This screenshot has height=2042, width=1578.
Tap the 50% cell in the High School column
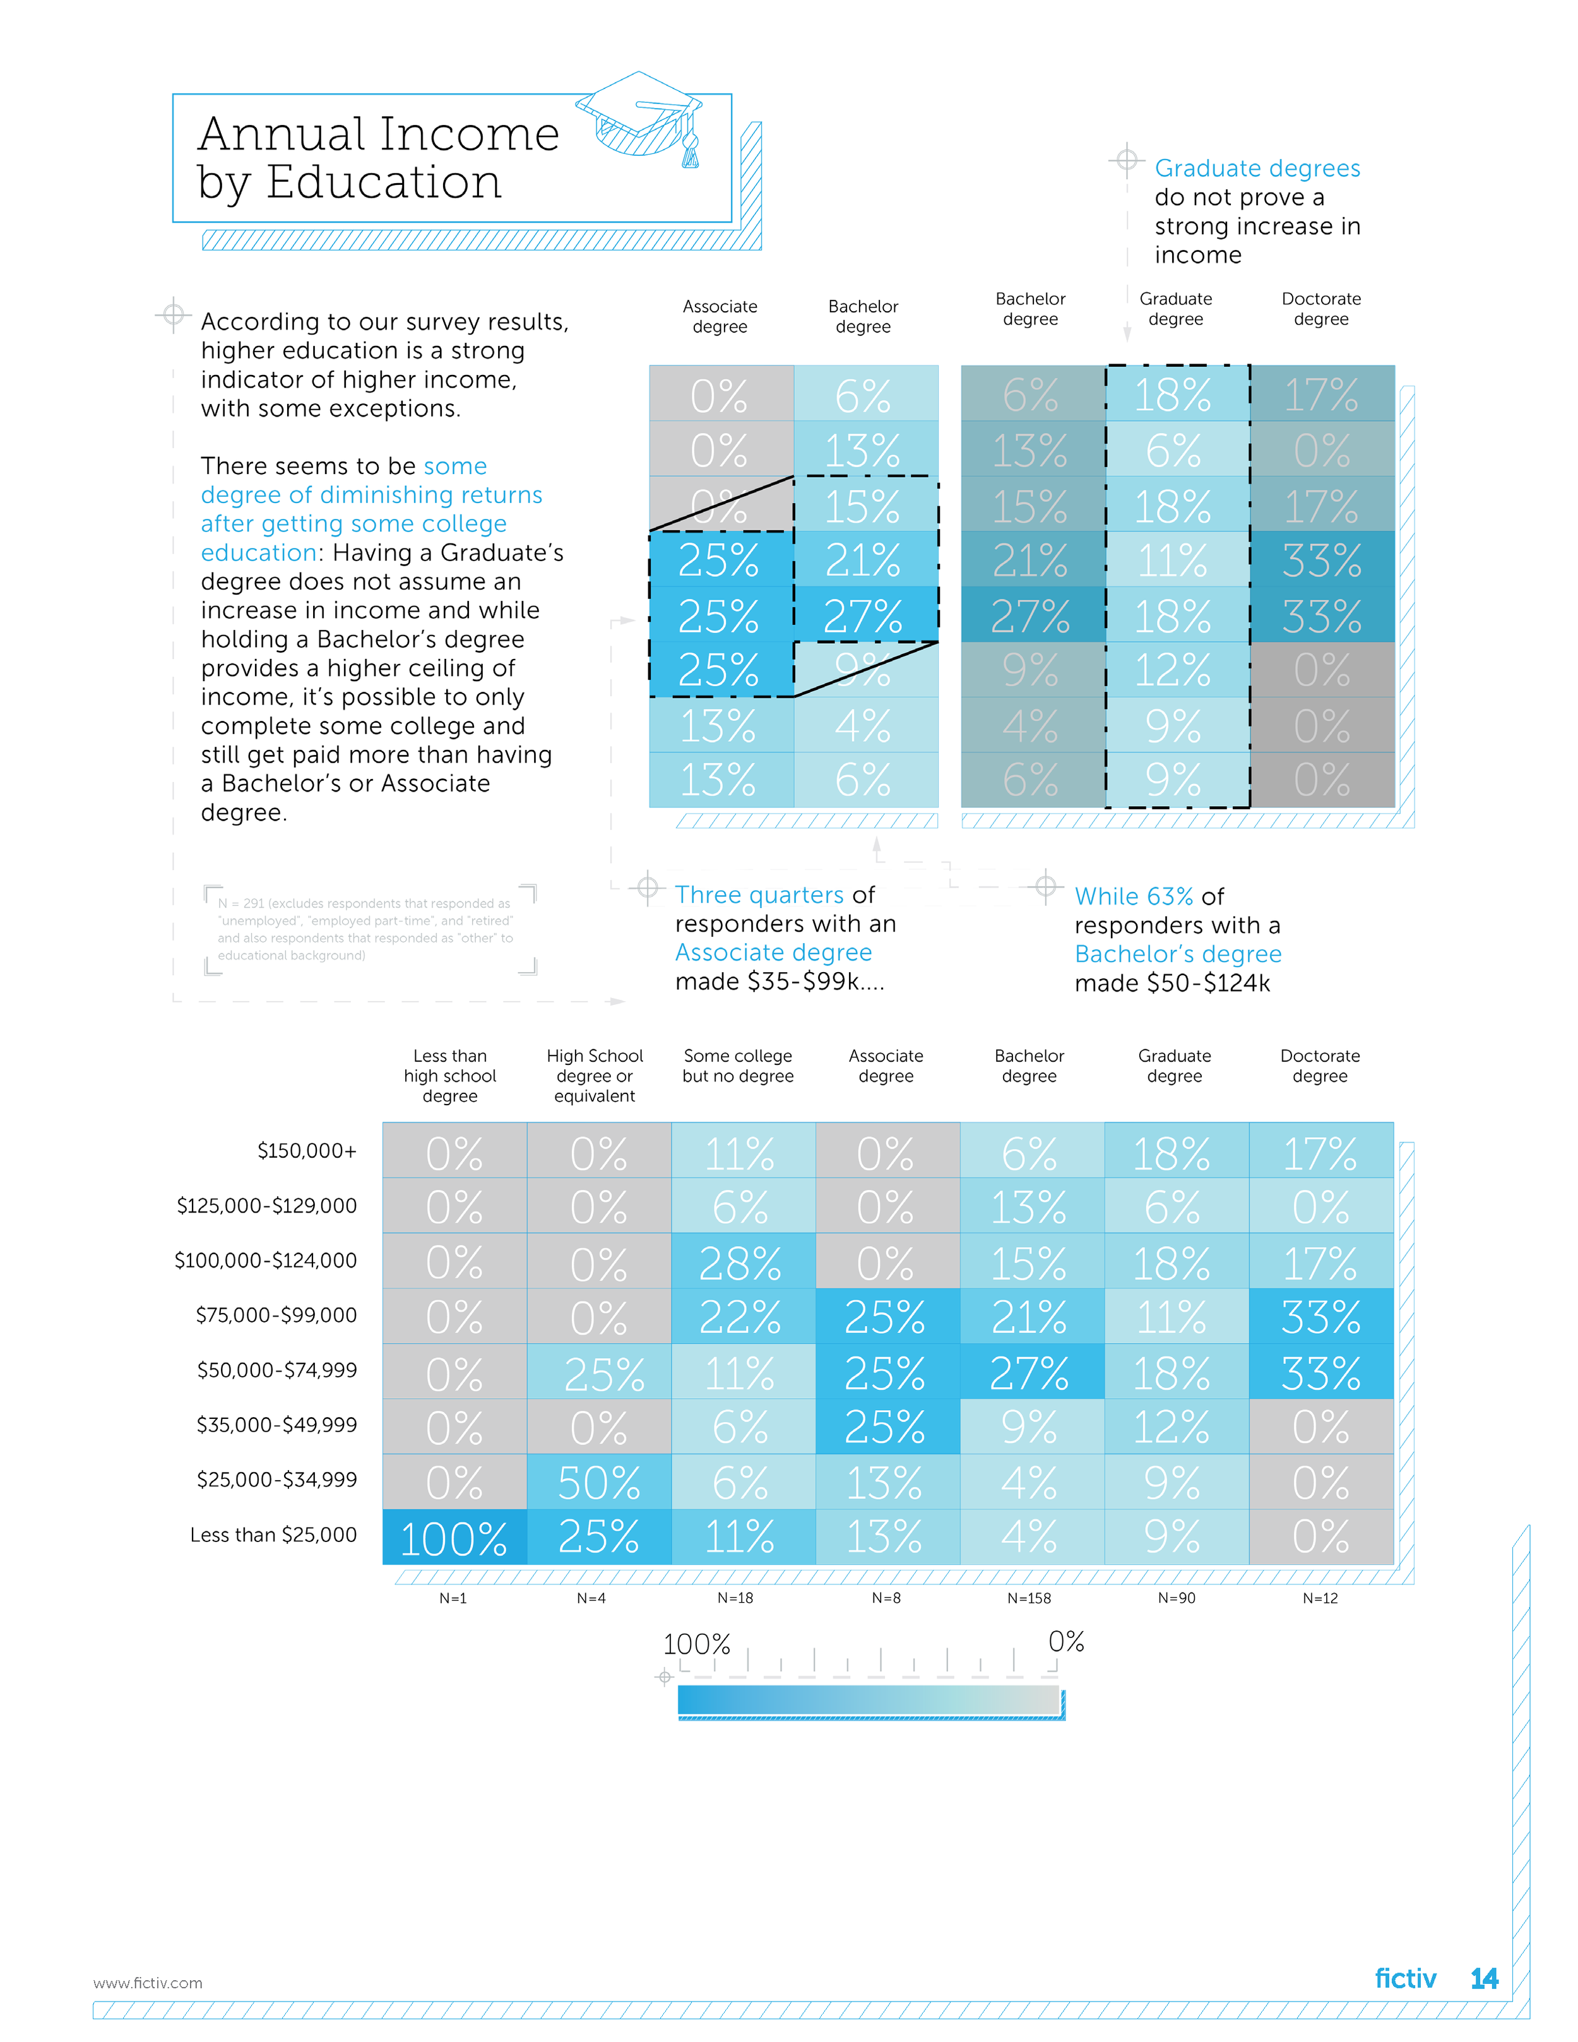598,1483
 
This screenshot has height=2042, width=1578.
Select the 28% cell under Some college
740,1263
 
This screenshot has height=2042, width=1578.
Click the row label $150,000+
307,1151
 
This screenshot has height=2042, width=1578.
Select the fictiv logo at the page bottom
1404,1978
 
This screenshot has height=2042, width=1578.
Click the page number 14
1483,1978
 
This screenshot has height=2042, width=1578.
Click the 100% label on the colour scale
696,1644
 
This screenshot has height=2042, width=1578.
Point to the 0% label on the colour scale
1065,1642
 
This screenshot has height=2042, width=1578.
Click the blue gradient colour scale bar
869,1700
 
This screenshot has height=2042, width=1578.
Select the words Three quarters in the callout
759,895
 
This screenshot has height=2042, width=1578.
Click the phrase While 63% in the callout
1133,896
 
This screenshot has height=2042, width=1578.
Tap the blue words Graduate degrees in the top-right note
1257,169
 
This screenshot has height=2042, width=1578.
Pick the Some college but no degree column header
738,1066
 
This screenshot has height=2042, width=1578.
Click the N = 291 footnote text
365,929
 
